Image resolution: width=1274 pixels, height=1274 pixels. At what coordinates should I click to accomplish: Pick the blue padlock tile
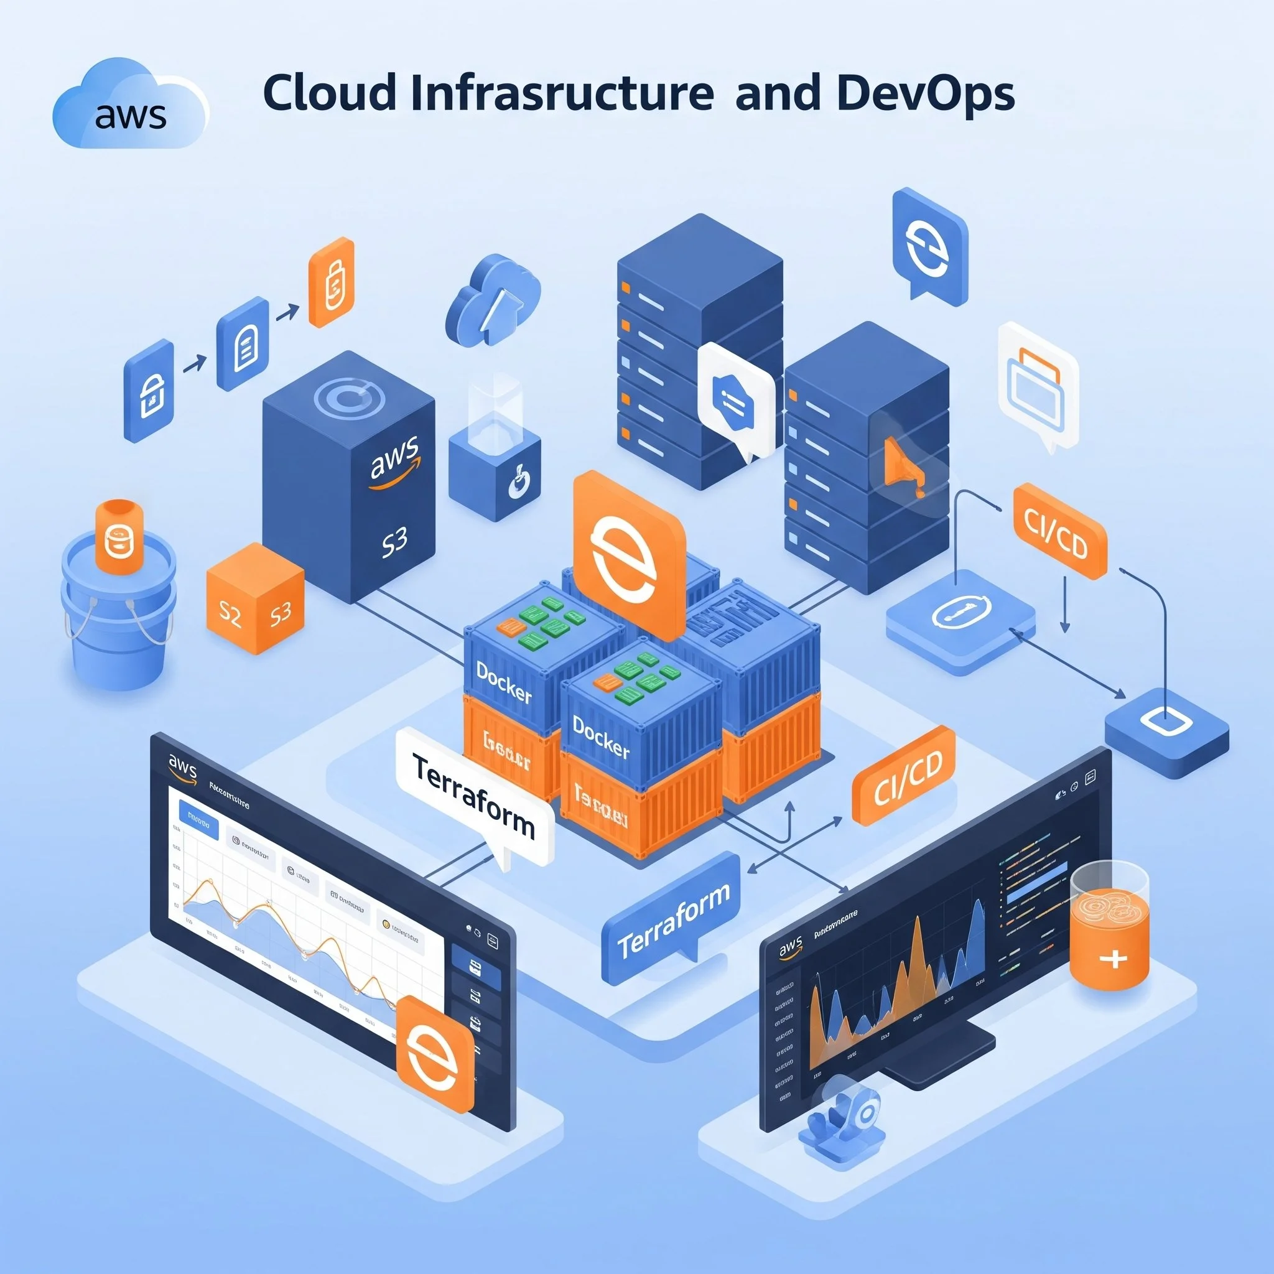(x=149, y=391)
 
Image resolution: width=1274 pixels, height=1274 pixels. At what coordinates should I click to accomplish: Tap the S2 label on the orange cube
(x=230, y=614)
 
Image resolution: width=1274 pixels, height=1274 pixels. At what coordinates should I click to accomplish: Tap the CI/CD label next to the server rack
(x=1059, y=531)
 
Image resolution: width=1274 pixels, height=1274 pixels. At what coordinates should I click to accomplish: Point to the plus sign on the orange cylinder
(x=1114, y=959)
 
